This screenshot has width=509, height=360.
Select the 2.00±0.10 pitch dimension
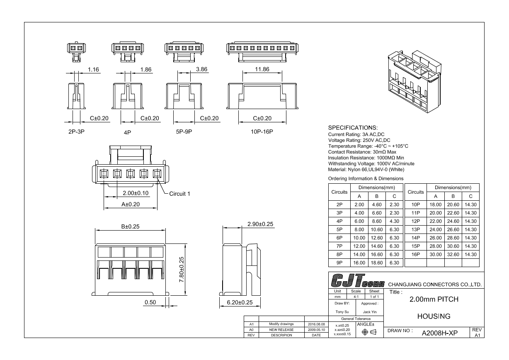click(x=136, y=193)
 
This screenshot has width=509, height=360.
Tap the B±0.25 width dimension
click(x=130, y=226)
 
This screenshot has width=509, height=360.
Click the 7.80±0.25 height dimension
click(x=181, y=270)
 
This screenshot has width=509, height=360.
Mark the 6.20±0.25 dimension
click(x=240, y=302)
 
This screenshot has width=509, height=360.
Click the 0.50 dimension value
click(x=150, y=302)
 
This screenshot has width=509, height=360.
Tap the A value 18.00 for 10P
click(x=436, y=204)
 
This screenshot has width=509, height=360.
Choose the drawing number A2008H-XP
click(x=440, y=333)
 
